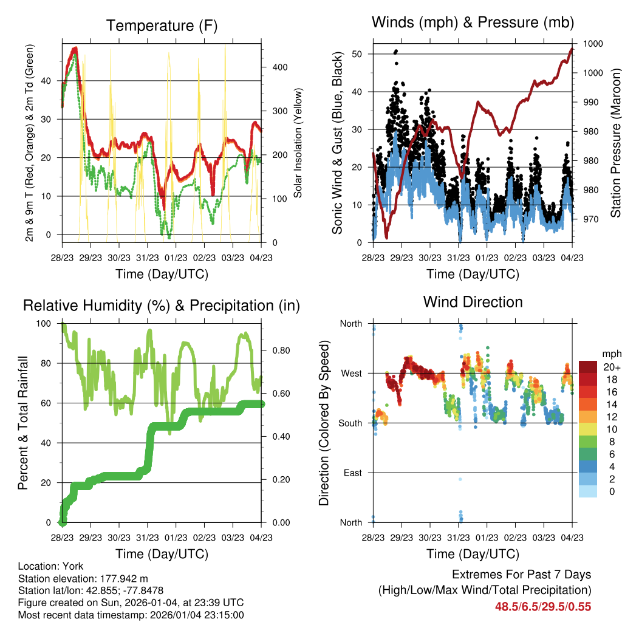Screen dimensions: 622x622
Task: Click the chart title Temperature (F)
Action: (x=162, y=26)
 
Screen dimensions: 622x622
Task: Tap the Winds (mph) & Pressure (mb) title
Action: (x=473, y=22)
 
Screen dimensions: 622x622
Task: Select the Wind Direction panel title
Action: (x=473, y=301)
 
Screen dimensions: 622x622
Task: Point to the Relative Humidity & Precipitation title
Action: (x=162, y=306)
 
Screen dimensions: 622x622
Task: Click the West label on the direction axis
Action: (x=350, y=373)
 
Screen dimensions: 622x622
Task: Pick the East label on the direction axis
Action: (x=352, y=473)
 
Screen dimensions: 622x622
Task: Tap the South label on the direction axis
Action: (x=350, y=423)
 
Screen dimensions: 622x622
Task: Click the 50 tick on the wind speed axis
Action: (x=357, y=54)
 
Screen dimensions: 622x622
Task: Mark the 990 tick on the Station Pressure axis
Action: (x=591, y=102)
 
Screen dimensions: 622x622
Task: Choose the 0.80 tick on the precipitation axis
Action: (x=276, y=350)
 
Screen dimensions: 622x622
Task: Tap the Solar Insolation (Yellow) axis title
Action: (x=298, y=143)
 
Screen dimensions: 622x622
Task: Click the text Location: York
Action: (x=51, y=566)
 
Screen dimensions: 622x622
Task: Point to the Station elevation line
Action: (x=83, y=578)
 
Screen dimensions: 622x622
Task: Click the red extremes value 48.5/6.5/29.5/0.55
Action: (x=543, y=607)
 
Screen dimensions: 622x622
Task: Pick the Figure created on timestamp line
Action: (x=131, y=603)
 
